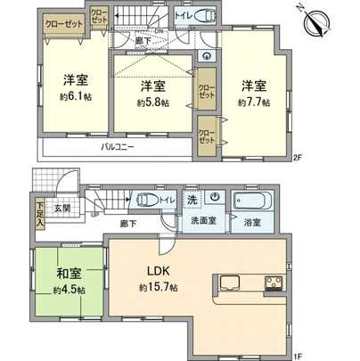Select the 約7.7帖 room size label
click(253, 102)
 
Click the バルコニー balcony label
click(118, 145)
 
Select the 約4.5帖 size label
click(67, 290)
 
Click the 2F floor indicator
click(299, 159)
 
